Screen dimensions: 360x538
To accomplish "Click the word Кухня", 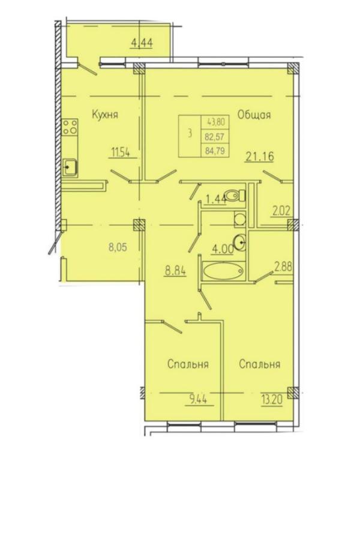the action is [105, 115].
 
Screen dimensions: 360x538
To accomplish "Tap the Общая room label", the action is [254, 115].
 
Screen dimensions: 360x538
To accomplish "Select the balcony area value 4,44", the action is [142, 43].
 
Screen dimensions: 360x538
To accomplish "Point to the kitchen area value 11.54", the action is [120, 152].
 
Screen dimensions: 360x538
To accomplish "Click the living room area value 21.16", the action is [260, 156].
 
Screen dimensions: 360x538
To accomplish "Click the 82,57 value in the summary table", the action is [214, 137].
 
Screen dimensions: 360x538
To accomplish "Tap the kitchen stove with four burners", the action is [70, 127].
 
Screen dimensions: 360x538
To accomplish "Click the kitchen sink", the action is [70, 168].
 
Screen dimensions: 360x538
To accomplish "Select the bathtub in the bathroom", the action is [224, 271].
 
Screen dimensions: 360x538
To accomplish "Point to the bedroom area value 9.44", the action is [199, 399].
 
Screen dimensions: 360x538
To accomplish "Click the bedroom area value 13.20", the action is [272, 400].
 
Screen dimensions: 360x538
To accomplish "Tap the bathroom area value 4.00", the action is [223, 249].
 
